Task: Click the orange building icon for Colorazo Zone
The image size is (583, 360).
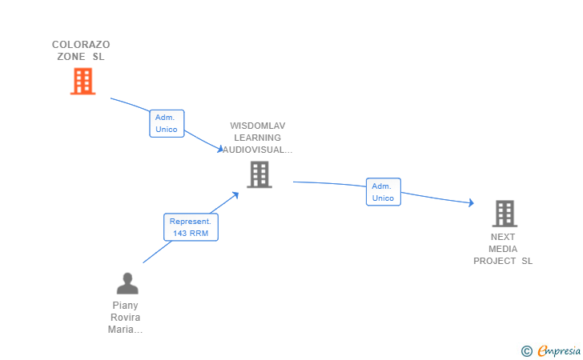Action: (83, 81)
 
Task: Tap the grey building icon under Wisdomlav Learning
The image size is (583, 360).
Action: (259, 174)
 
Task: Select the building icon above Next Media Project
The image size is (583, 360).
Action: (505, 214)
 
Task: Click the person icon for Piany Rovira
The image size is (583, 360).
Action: (127, 283)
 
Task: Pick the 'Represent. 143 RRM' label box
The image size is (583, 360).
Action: (191, 227)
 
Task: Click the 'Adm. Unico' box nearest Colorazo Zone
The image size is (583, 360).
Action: (167, 123)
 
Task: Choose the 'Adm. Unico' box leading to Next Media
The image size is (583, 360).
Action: (384, 192)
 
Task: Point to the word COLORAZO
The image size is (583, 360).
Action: (81, 45)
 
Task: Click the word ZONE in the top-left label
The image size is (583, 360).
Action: (71, 57)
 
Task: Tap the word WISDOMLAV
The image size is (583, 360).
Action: (258, 126)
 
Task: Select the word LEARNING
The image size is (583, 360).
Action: (257, 138)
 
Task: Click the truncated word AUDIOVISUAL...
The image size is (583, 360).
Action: (257, 150)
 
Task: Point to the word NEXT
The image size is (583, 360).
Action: (503, 237)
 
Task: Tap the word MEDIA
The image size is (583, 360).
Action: (503, 249)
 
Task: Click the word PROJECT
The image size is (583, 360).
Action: (495, 261)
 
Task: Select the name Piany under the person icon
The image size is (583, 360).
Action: (125, 306)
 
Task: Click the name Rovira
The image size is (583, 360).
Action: (125, 318)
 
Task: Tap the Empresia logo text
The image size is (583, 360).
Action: (559, 350)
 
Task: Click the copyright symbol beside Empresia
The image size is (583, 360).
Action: (526, 351)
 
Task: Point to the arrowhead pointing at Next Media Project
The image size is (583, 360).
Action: (471, 202)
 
